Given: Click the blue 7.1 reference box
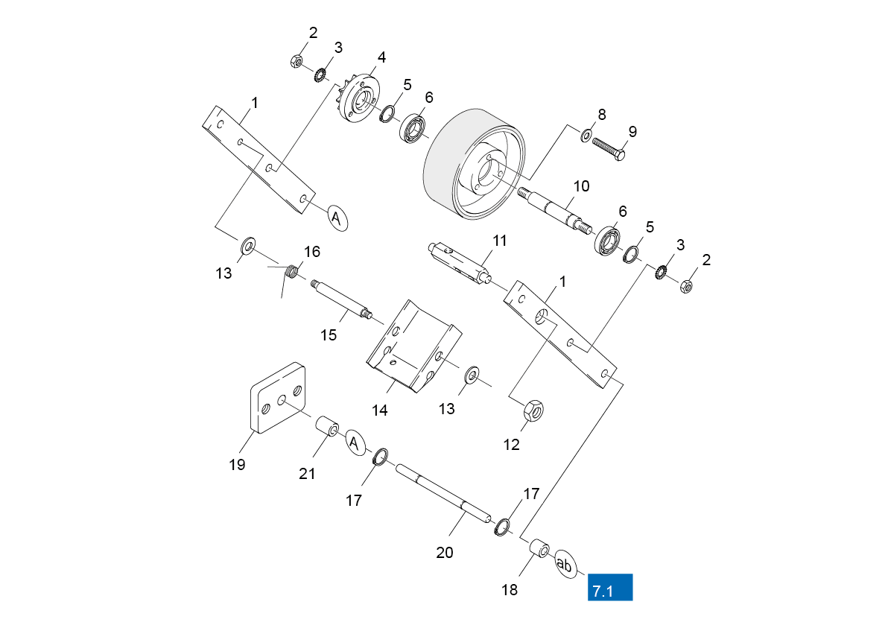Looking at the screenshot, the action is (610, 587).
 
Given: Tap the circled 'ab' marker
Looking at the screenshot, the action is (565, 564).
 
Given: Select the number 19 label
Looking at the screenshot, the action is (238, 465).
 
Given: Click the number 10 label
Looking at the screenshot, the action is (582, 185).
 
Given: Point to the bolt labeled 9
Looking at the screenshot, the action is (609, 148).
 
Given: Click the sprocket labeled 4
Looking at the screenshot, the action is (358, 98).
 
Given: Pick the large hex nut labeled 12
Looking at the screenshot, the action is (533, 410).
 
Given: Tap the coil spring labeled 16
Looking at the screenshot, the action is (291, 271).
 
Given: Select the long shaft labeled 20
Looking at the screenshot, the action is (443, 493).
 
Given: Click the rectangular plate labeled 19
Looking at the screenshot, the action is (278, 398).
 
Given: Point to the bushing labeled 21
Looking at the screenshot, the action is (327, 428).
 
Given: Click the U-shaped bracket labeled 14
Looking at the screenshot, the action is (414, 346).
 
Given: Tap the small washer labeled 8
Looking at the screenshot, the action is (586, 136).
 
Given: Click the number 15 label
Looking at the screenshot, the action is (329, 335).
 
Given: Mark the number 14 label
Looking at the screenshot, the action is (379, 410).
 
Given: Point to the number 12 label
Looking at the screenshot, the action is (511, 445).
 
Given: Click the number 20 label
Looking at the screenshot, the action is (445, 553).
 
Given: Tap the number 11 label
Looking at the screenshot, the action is (499, 241).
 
